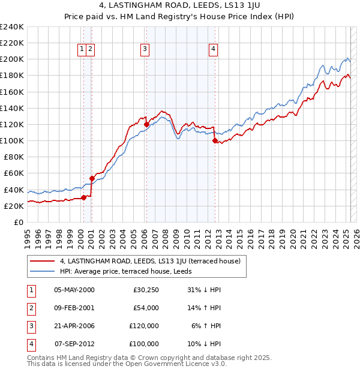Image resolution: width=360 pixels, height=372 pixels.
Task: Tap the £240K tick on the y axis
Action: tap(12, 27)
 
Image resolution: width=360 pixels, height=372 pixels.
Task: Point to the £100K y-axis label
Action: tap(12, 140)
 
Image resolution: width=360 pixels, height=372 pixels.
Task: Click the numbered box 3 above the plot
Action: tap(145, 50)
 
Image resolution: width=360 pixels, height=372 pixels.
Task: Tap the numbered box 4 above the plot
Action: tap(213, 50)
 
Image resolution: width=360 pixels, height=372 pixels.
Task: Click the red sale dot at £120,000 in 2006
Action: tap(146, 124)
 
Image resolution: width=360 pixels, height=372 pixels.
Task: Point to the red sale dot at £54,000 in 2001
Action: tap(92, 178)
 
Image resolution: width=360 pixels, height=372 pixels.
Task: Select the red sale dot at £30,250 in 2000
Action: tap(84, 197)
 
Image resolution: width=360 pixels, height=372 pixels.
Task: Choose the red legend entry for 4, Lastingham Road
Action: tap(150, 261)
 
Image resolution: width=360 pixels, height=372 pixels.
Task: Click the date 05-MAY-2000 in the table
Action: tap(74, 290)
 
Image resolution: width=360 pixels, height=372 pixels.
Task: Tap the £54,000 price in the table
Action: tap(145, 308)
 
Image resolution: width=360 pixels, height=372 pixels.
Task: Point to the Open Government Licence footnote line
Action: tap(127, 364)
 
